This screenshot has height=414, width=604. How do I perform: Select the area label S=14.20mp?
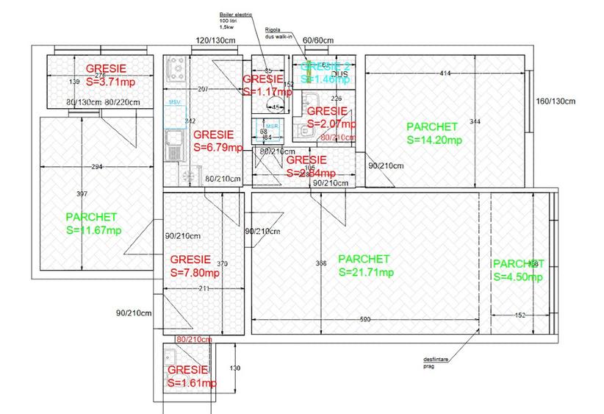(x=434, y=140)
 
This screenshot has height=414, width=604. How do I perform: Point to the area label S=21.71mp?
(x=366, y=272)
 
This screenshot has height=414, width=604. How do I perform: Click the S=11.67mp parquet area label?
(x=93, y=230)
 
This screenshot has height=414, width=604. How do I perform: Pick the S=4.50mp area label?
(x=518, y=276)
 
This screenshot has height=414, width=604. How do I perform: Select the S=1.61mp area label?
(x=192, y=383)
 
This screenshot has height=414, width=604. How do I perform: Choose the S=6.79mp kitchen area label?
(x=217, y=147)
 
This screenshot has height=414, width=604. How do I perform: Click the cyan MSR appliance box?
(x=271, y=126)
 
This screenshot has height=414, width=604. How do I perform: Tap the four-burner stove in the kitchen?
(x=176, y=71)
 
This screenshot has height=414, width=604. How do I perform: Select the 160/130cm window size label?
(x=556, y=101)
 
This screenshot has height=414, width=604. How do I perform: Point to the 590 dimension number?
(x=365, y=319)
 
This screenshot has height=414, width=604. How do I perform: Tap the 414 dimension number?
(x=445, y=74)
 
